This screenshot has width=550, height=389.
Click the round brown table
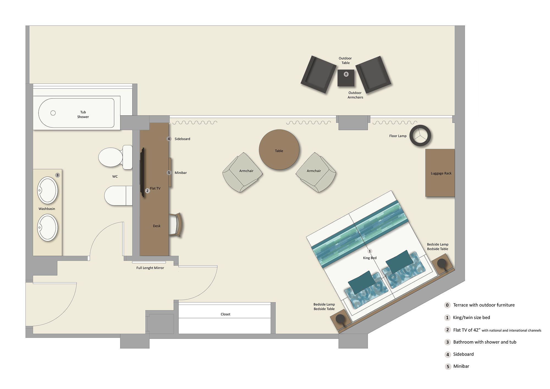click(279, 150)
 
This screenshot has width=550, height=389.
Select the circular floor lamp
click(420, 136)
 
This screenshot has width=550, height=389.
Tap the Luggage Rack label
click(441, 173)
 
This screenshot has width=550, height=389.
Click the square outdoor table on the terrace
click(346, 78)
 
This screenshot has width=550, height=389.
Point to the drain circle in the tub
click(53, 113)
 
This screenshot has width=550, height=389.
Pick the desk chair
click(176, 225)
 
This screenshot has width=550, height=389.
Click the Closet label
click(225, 314)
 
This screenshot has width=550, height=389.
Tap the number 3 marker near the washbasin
click(57, 175)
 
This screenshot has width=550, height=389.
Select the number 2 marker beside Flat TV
click(147, 191)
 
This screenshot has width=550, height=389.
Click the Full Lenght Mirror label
click(150, 268)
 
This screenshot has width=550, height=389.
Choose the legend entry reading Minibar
click(461, 366)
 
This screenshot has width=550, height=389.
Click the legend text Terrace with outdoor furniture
click(484, 305)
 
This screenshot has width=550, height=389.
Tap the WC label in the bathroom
click(115, 177)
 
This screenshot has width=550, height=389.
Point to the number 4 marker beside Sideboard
click(169, 139)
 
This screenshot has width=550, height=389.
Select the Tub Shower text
click(83, 114)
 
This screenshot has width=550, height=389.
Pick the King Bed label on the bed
click(370, 258)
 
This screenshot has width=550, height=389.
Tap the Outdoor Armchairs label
click(355, 95)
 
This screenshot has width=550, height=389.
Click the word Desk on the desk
click(156, 226)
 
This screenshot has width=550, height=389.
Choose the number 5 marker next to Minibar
click(169, 173)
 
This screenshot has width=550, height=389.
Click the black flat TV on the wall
click(142, 172)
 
